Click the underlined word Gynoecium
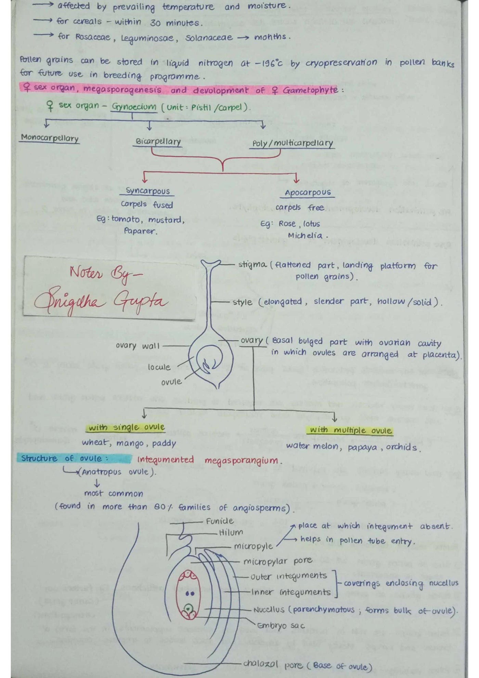pos(134,107)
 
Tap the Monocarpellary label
pos(50,138)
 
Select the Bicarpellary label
pos(158,142)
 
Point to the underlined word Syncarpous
pos(147,191)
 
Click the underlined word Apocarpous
pos(308,193)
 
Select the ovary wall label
pos(138,346)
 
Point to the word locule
pos(159,367)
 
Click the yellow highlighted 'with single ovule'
pos(127,427)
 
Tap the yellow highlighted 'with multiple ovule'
pos(350,430)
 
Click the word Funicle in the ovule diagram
pos(220,521)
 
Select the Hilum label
pos(231,533)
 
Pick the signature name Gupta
pos(141,302)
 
